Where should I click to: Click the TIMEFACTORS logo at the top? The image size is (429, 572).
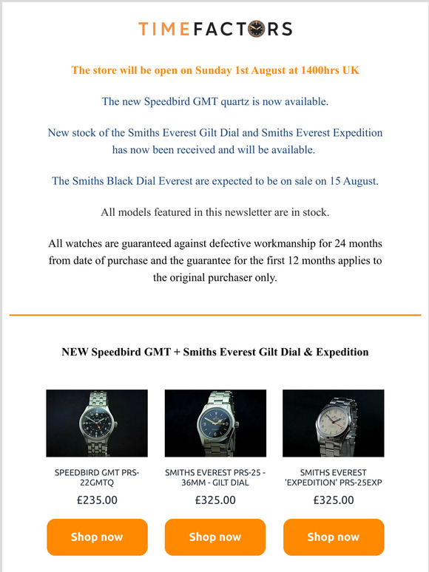(214, 29)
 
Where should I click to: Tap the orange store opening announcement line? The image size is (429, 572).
(214, 70)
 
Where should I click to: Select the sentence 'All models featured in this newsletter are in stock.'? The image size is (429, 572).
(214, 212)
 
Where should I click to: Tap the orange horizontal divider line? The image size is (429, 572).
(214, 316)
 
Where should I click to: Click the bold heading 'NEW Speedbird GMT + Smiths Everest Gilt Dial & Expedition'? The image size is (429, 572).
(214, 352)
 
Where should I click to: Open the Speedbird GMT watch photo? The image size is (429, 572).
(97, 423)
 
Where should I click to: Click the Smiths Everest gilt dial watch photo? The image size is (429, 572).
(215, 423)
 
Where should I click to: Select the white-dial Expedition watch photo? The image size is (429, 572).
(334, 423)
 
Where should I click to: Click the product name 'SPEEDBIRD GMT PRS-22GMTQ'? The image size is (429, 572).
(97, 477)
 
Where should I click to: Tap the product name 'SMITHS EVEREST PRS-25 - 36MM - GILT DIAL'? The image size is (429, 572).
(215, 477)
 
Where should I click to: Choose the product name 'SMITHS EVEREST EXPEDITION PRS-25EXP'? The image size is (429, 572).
(334, 477)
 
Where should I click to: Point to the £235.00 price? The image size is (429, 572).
(97, 500)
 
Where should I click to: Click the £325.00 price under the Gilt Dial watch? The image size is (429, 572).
(215, 500)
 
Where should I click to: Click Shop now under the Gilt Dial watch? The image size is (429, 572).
(215, 537)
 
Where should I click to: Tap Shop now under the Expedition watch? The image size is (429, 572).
(334, 537)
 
